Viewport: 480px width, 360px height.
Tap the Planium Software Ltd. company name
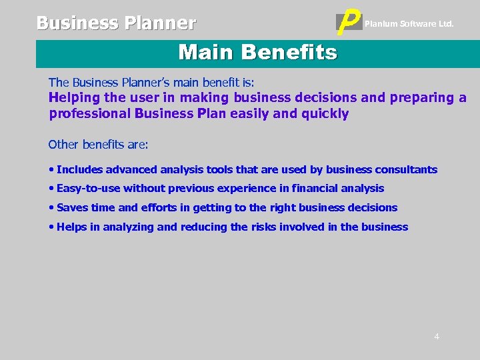(x=409, y=24)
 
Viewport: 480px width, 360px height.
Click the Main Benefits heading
(x=257, y=52)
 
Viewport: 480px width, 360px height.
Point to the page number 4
(x=437, y=336)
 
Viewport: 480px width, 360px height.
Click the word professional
(x=89, y=113)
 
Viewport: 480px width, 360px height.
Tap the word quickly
(x=325, y=113)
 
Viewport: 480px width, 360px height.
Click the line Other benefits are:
(x=99, y=145)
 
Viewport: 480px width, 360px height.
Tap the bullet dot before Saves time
(x=51, y=208)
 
